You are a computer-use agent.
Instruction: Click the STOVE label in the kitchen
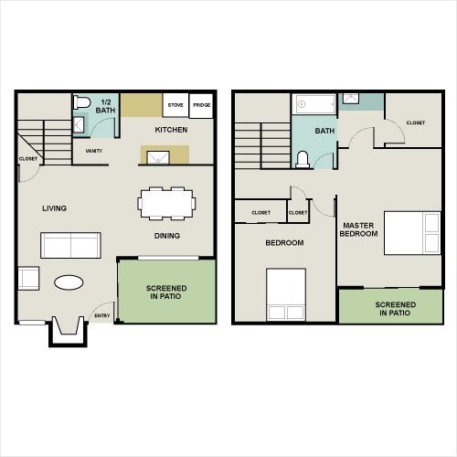(x=175, y=105)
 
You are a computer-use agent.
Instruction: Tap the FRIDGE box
(x=201, y=105)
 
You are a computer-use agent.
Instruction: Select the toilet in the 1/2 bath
(x=81, y=102)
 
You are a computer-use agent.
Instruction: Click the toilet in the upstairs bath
(x=303, y=160)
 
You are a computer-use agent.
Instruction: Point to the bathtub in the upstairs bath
(x=314, y=104)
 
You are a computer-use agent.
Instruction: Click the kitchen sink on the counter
(x=158, y=157)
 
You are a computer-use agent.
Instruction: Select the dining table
(x=166, y=203)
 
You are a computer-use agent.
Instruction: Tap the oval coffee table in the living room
(x=69, y=282)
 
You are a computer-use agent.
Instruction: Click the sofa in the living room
(x=70, y=245)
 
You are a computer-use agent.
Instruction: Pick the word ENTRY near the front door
(x=102, y=315)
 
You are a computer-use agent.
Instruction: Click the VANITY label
(x=94, y=151)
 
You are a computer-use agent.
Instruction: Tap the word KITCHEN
(x=171, y=130)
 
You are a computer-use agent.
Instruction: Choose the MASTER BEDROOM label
(x=358, y=229)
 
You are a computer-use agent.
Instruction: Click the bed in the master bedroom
(x=412, y=233)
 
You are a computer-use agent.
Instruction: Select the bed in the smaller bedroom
(x=286, y=294)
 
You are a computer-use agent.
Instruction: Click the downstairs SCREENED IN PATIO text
(x=166, y=292)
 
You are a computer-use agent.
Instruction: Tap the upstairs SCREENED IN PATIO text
(x=396, y=309)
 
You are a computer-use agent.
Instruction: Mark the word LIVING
(x=55, y=208)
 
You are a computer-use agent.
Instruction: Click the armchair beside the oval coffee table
(x=28, y=279)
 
